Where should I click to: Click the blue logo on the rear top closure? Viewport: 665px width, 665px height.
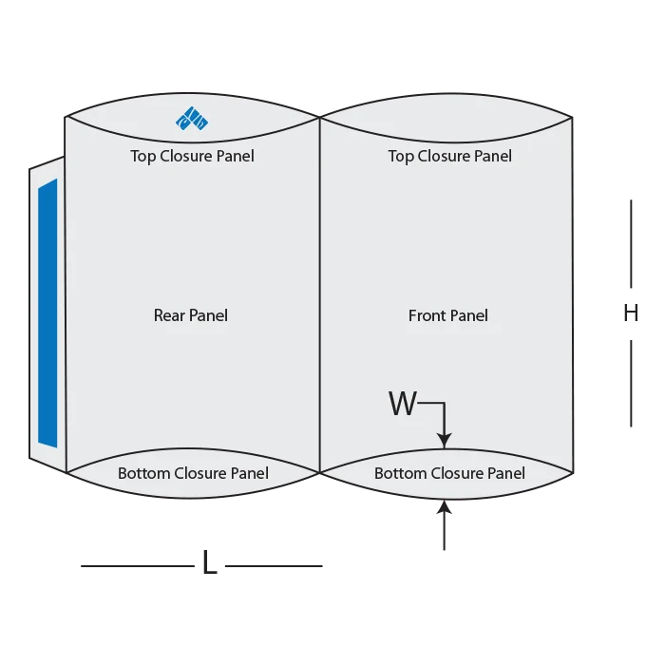191,118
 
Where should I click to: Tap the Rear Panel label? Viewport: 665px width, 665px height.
191,315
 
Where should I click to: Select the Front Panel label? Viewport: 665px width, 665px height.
448,315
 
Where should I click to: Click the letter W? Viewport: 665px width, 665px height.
403,405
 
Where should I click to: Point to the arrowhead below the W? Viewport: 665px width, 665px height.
444,439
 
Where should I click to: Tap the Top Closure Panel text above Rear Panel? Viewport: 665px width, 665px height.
193,156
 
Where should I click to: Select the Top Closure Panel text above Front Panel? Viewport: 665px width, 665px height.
450,156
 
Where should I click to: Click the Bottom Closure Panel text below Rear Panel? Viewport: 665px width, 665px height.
193,473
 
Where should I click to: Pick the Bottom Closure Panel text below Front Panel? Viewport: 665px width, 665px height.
449,473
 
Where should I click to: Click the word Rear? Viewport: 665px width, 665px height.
169,315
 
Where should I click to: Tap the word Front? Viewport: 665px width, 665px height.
427,315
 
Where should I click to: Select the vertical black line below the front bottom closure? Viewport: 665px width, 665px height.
444,528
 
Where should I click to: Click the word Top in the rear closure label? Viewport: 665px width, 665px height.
143,156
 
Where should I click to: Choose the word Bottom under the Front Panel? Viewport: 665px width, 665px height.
400,473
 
